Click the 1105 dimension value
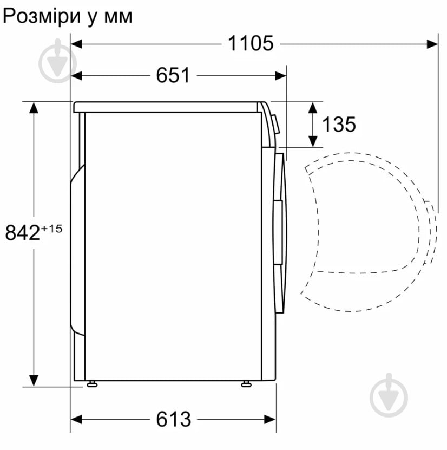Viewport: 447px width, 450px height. [251, 43]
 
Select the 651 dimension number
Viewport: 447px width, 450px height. [173, 75]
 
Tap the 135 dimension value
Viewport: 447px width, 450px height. [339, 125]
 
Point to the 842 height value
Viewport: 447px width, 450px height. [22, 233]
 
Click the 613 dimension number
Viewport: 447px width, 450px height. [174, 419]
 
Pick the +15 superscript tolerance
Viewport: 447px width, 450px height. [52, 228]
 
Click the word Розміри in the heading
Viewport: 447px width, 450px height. [38, 16]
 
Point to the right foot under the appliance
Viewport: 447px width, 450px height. [246, 384]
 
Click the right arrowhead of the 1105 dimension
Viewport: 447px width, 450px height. [432, 43]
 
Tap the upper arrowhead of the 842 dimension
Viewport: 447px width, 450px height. [34, 107]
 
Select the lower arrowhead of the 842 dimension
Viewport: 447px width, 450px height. [34, 381]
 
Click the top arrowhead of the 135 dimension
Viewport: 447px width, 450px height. [313, 106]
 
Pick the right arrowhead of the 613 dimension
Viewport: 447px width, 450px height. [271, 419]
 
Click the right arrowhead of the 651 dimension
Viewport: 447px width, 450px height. [280, 75]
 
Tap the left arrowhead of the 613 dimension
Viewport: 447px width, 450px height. [76, 419]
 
